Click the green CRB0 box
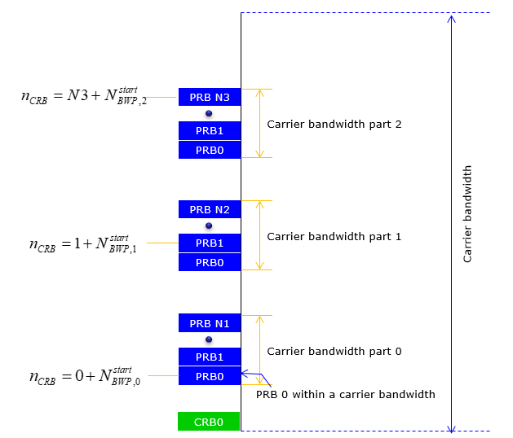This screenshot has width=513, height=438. point(209,422)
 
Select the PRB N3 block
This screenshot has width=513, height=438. point(210,97)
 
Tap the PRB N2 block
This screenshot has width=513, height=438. point(210,209)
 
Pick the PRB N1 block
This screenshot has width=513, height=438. point(210,323)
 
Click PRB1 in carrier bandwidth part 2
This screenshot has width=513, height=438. point(210,131)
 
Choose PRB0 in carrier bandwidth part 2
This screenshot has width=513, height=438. point(210,150)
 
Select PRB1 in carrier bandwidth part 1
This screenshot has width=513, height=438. point(210,243)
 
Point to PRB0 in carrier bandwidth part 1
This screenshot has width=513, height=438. point(210,262)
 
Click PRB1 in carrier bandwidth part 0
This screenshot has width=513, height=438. point(210,357)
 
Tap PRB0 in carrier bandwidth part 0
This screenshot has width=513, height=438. point(210,376)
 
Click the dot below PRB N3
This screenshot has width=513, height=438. point(209,113)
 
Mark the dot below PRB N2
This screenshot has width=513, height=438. point(209,226)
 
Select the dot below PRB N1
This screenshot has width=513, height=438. point(209,339)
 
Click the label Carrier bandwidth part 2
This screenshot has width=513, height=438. point(334,125)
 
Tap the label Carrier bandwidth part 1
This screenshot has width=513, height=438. point(334,237)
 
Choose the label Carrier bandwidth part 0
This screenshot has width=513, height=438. point(334,352)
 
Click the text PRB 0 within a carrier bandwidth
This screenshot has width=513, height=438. point(346,395)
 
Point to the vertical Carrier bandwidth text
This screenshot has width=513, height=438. point(467,214)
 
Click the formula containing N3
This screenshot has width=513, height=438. point(84,96)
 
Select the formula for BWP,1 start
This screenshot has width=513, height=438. point(82,244)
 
